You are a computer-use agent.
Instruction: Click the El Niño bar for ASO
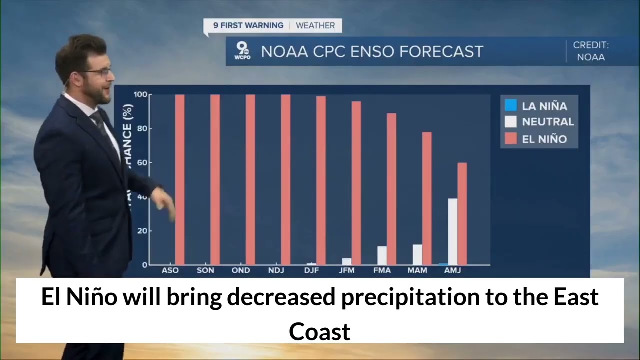click(180, 180)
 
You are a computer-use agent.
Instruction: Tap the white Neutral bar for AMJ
click(452, 232)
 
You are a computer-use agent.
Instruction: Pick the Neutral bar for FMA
click(382, 255)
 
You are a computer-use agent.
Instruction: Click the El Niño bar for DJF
click(321, 180)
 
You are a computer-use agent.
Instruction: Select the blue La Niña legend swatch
click(510, 106)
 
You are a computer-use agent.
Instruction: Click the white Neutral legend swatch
click(510, 122)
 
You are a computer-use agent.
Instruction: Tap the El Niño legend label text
click(544, 139)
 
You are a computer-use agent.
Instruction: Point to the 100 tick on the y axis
click(140, 95)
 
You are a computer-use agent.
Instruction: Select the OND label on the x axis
click(241, 270)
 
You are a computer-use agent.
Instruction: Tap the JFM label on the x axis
click(346, 270)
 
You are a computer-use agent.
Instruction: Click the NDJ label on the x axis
click(276, 270)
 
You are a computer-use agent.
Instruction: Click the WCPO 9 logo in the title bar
click(242, 51)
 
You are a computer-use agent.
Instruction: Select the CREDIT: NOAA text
click(591, 51)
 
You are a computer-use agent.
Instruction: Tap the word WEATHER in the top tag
click(315, 25)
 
